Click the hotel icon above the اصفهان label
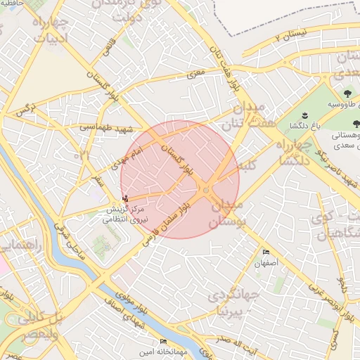266,252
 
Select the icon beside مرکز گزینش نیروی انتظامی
126,198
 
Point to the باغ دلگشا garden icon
304,115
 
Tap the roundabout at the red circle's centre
206,190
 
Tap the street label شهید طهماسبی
99,127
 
